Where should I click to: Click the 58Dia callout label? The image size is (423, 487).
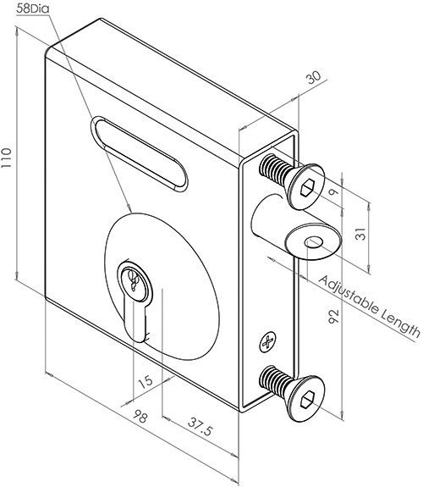click(x=33, y=8)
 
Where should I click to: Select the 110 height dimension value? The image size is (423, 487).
click(x=7, y=158)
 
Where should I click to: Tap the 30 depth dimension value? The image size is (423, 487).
click(x=314, y=78)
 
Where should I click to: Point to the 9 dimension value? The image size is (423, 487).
click(x=333, y=192)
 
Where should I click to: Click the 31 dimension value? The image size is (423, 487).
click(x=360, y=234)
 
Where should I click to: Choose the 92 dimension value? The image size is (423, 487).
click(x=333, y=316)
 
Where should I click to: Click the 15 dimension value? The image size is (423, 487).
click(x=146, y=382)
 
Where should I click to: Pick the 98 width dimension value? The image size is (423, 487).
click(x=140, y=417)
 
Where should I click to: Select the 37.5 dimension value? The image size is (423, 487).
click(x=201, y=427)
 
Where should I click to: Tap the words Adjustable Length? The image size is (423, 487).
click(x=370, y=306)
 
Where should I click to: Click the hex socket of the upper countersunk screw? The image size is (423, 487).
click(x=307, y=188)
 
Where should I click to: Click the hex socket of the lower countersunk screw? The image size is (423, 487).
click(x=307, y=400)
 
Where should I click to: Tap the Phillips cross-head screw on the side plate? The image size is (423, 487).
click(x=267, y=343)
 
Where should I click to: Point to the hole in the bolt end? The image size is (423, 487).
click(x=314, y=242)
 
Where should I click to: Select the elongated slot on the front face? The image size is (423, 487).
click(x=140, y=154)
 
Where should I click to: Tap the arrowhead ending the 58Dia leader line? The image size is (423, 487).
click(x=129, y=208)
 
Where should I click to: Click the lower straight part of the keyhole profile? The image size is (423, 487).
click(x=136, y=321)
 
